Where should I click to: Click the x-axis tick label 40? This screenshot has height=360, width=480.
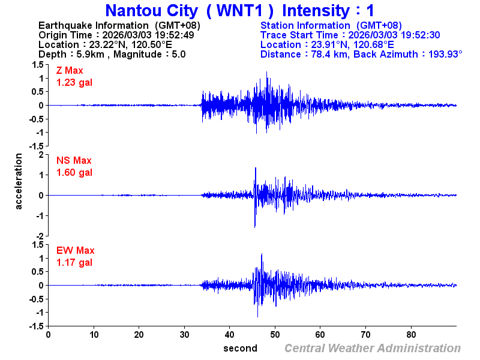point(230,335)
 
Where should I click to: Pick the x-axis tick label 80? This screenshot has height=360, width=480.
point(412,335)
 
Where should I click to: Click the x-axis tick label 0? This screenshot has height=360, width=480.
point(48,335)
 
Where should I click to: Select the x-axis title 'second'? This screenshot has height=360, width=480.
point(240,349)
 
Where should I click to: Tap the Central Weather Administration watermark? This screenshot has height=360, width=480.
point(373,349)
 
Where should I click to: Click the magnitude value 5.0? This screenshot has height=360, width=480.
point(179,54)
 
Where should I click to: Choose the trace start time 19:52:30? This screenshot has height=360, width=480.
point(421,35)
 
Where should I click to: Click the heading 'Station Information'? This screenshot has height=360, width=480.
point(305,25)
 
